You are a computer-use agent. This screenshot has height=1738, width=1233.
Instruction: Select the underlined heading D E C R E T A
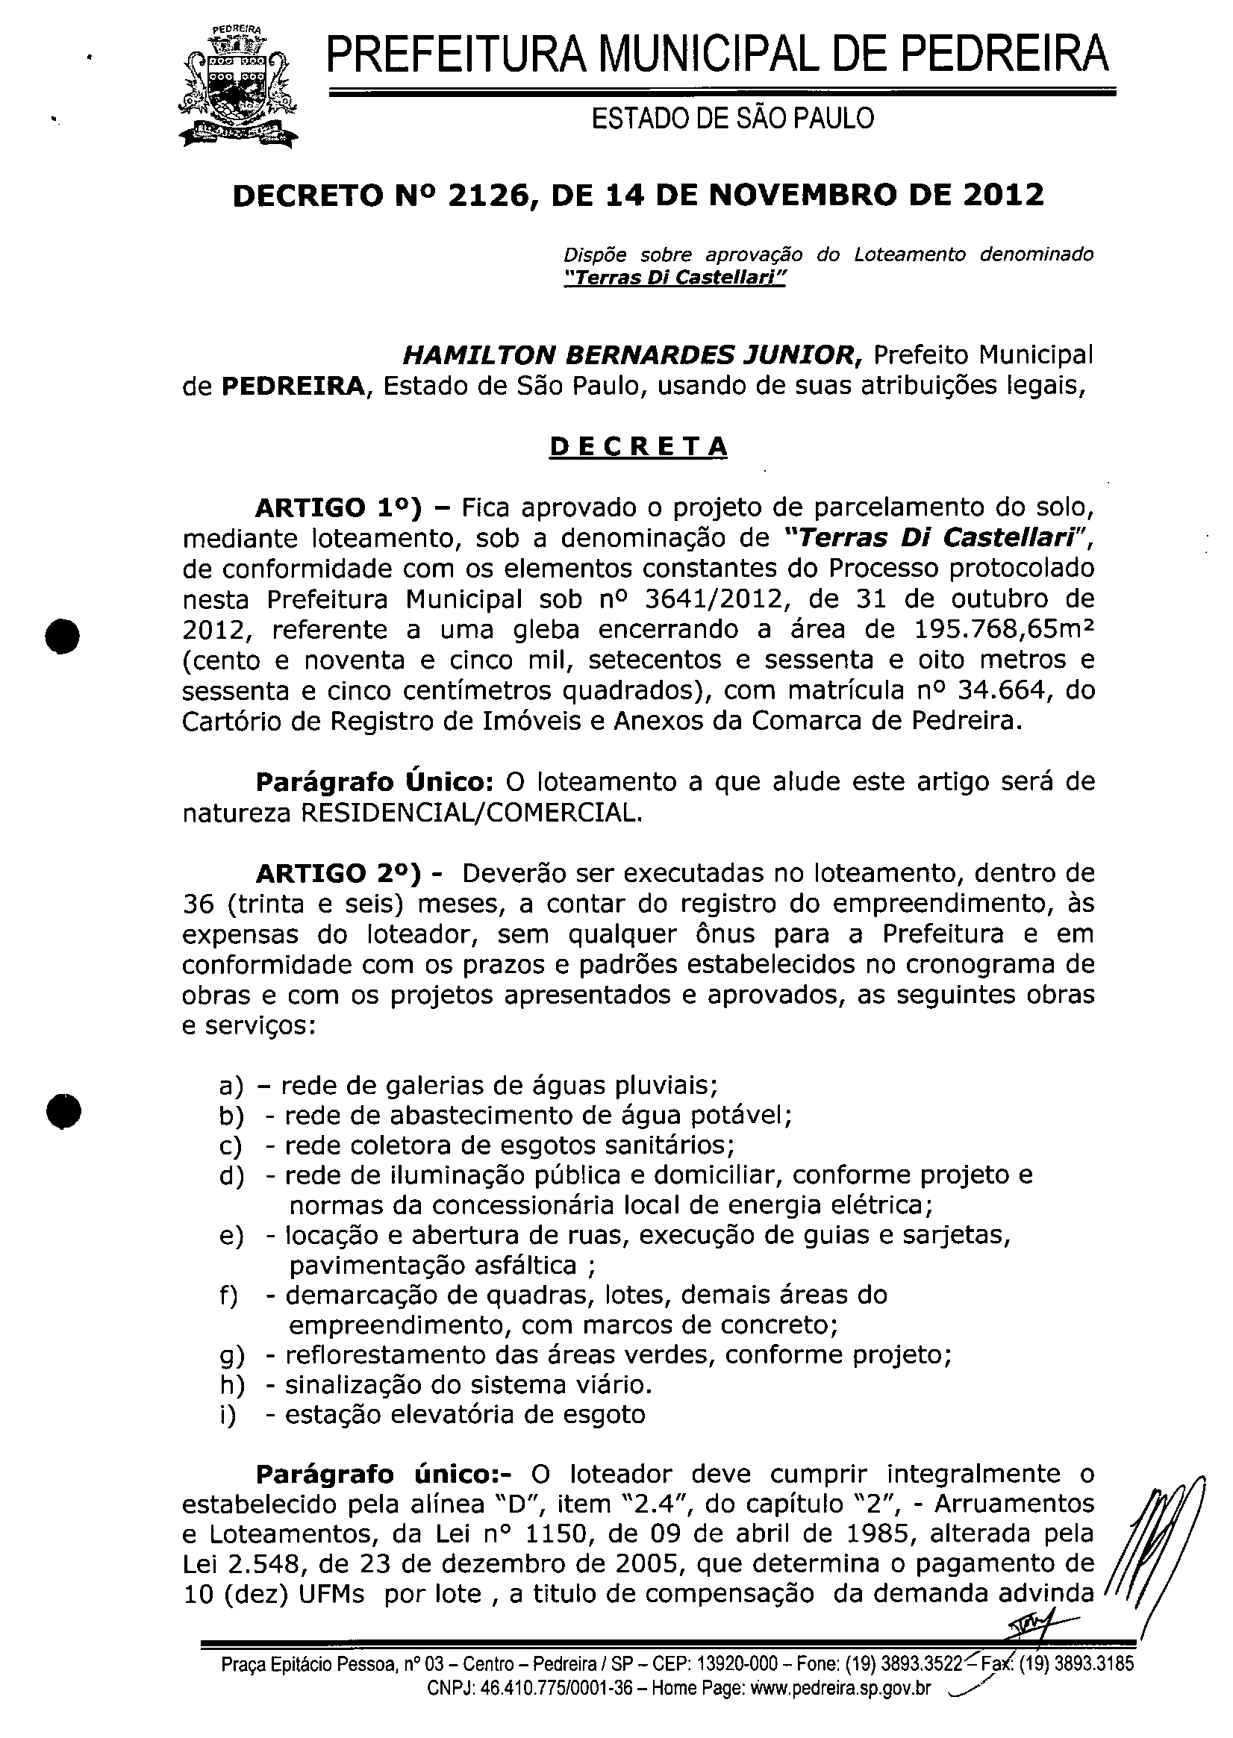coord(637,447)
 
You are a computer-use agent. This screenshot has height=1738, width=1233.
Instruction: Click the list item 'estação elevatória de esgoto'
coord(465,1415)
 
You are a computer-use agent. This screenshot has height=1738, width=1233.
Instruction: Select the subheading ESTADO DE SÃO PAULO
coord(732,119)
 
